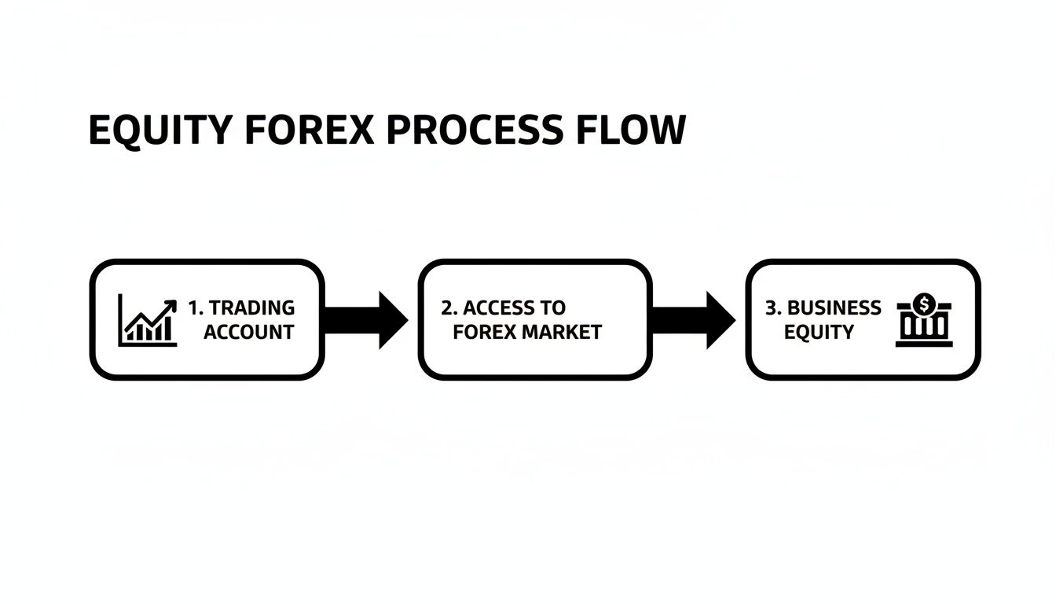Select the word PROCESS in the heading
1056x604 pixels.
(x=475, y=131)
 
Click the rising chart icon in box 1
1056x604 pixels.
(x=147, y=321)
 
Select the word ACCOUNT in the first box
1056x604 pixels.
(x=248, y=332)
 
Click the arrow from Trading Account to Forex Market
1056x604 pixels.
(x=365, y=320)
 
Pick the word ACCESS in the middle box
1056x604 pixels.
(x=497, y=308)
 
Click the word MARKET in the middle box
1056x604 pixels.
(x=562, y=332)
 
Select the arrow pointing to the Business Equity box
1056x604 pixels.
(x=693, y=320)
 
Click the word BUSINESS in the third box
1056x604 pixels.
(x=834, y=308)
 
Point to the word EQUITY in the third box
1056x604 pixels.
(x=819, y=332)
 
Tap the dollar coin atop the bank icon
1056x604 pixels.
(x=924, y=302)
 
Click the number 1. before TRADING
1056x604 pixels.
(x=196, y=308)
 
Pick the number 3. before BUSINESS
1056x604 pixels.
(x=773, y=308)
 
